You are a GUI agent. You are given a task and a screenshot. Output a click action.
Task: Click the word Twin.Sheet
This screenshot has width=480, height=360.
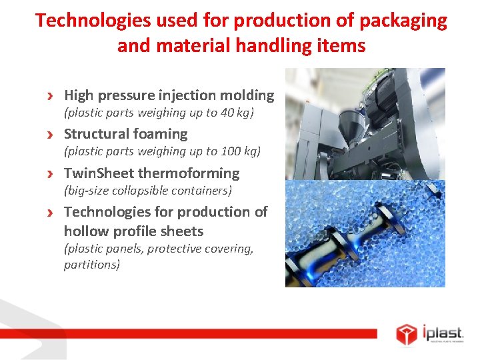98,173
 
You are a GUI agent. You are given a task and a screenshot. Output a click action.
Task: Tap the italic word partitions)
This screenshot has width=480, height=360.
92,265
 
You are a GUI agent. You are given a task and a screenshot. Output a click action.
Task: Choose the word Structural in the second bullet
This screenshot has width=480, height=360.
95,134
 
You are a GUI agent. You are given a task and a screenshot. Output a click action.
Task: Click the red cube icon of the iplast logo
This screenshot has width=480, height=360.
406,333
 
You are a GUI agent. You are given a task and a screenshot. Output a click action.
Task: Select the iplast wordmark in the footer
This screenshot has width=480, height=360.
443,331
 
